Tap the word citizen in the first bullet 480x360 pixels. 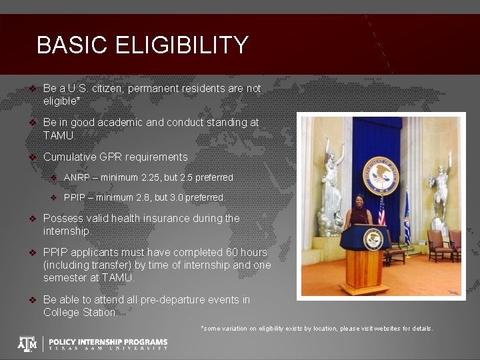pos(122,88)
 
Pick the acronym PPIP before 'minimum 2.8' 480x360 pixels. pos(76,197)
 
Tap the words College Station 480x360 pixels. pos(80,312)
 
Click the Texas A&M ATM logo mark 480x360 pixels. pos(27,343)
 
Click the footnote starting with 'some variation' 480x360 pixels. pos(317,328)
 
